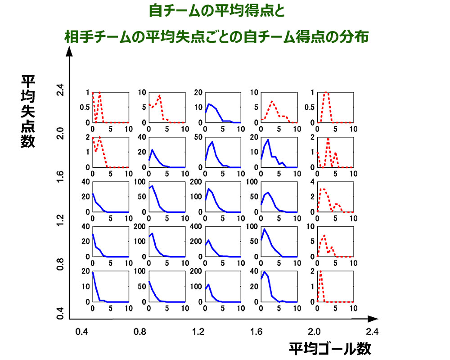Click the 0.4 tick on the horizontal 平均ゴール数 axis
click(x=81, y=332)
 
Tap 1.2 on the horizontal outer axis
click(x=198, y=332)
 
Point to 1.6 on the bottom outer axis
click(x=256, y=332)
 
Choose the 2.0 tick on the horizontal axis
click(x=314, y=332)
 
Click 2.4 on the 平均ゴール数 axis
click(x=372, y=332)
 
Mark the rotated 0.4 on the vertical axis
click(x=60, y=311)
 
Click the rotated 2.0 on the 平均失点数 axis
click(x=60, y=133)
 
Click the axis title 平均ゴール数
click(x=330, y=349)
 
